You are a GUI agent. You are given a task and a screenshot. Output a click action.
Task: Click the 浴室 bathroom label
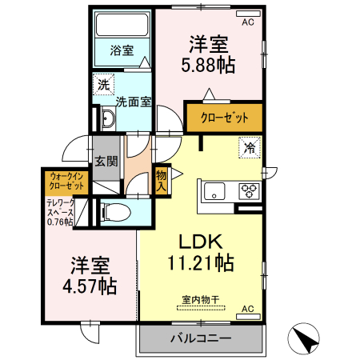tap(122, 50)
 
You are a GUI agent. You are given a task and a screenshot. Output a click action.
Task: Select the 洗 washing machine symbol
tap(103, 84)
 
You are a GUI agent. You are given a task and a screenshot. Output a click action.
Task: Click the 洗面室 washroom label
tap(134, 102)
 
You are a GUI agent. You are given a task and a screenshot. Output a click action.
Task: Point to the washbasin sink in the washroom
tap(109, 121)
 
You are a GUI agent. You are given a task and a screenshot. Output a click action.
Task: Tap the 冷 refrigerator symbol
tap(250, 147)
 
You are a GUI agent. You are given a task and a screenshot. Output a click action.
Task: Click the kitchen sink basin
tap(217, 191)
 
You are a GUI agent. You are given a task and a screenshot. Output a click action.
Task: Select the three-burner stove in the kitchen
tap(250, 191)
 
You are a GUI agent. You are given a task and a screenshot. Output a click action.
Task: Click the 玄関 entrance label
tap(106, 161)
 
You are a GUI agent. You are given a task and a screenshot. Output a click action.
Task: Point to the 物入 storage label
tap(161, 180)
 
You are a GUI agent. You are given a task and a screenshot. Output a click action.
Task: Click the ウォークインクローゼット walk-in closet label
tap(67, 181)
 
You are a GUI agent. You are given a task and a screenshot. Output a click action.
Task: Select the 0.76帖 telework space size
tap(59, 222)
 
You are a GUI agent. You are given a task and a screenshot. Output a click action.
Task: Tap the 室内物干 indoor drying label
tap(201, 301)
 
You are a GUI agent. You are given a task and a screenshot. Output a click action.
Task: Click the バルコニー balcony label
tap(201, 338)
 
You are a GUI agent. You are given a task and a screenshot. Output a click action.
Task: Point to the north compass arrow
tap(306, 340)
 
